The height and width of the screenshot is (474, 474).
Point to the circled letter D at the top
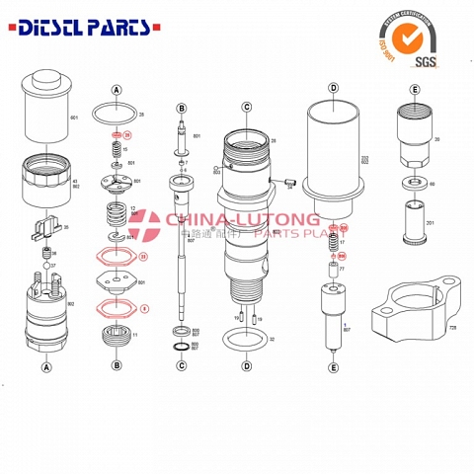point(333,89)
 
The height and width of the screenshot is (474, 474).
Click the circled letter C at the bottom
point(182,365)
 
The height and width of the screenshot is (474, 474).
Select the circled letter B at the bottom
point(117,365)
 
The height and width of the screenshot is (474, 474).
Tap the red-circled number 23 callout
point(143,258)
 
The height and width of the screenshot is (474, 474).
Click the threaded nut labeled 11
point(117,335)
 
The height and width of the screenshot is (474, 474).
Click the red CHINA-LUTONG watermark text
point(242,219)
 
